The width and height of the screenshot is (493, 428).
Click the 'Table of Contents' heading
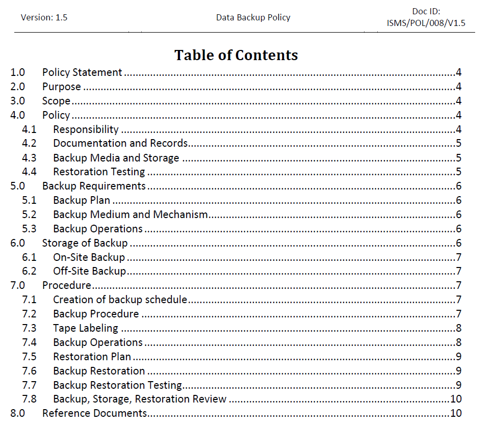(236, 55)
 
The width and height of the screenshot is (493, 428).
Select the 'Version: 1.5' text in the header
(44, 17)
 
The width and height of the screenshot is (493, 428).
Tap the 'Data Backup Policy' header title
(253, 17)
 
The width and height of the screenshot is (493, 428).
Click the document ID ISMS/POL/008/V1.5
(426, 23)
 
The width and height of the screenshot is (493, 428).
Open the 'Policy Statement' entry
(82, 72)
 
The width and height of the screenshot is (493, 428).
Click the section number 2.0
(18, 87)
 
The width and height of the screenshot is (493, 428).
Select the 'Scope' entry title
(56, 101)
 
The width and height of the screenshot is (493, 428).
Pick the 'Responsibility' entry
(86, 129)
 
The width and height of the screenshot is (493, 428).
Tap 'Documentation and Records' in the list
(120, 144)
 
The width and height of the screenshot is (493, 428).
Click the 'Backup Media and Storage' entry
(116, 158)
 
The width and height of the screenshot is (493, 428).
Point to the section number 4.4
(29, 172)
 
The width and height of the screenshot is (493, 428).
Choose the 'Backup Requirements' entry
(94, 186)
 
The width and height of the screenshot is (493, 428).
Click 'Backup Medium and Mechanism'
(130, 215)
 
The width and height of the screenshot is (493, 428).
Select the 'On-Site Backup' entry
(89, 257)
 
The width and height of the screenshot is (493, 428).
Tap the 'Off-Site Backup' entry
(89, 272)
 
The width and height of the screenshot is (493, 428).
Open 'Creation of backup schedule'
(120, 300)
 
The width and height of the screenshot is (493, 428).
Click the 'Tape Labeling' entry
(85, 328)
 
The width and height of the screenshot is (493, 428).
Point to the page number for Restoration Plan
(459, 357)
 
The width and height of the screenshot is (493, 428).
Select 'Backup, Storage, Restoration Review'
(140, 399)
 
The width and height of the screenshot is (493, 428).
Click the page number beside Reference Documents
(456, 413)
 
